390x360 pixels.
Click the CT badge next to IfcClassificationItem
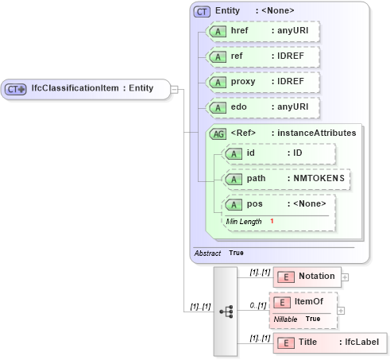click(x=16, y=89)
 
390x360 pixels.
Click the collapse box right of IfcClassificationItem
click(x=174, y=89)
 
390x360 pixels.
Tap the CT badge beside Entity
click(x=203, y=11)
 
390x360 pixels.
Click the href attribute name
click(x=241, y=32)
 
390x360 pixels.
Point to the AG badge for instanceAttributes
click(x=218, y=134)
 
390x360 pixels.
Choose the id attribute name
click(x=250, y=153)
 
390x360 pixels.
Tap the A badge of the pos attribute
click(x=234, y=204)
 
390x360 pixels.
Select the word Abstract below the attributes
click(x=207, y=253)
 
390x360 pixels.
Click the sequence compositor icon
click(x=226, y=312)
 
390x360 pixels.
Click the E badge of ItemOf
click(x=283, y=302)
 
